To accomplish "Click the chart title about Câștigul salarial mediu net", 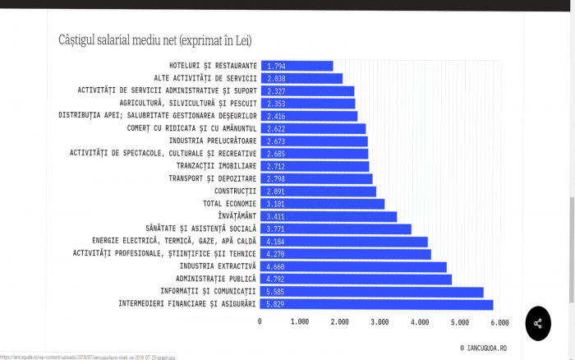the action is (155, 40).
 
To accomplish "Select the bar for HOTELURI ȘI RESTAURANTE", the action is (297, 66).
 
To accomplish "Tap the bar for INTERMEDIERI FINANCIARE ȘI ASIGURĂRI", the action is (376, 304).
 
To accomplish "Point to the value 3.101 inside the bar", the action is (275, 204).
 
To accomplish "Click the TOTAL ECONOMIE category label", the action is (229, 204).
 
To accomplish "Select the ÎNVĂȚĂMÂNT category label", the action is (237, 216).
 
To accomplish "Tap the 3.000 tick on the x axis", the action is (379, 322).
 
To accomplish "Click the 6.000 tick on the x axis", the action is (499, 322).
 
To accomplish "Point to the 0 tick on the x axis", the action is (260, 321).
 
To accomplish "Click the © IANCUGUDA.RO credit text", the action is (483, 348).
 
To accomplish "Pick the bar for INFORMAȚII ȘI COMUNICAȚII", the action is (372, 292).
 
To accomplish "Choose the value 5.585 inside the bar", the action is (275, 292).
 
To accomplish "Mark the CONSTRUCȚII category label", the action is (236, 192).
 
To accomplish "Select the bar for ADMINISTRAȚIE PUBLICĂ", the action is (356, 279).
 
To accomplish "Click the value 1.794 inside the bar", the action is (276, 67).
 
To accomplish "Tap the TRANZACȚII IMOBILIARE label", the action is (216, 166).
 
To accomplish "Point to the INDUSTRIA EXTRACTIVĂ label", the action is (218, 266).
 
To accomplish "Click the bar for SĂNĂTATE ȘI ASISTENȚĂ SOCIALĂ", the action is (336, 229).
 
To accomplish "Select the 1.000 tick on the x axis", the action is (300, 322).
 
